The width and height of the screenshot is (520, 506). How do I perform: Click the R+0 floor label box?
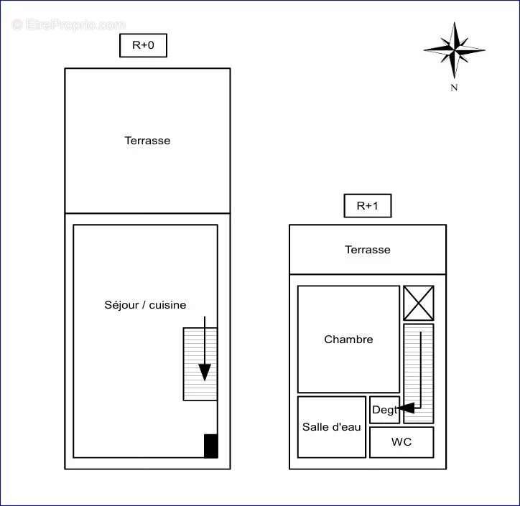point(143,45)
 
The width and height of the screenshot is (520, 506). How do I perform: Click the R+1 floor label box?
point(368,206)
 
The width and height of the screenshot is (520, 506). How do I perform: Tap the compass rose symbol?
point(455,50)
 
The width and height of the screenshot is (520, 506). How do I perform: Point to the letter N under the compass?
point(454,88)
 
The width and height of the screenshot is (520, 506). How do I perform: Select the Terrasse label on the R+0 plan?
point(147,141)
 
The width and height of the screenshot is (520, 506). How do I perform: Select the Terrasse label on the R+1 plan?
point(368,250)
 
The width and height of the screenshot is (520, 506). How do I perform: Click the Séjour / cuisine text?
point(145,305)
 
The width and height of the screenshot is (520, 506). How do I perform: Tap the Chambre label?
point(348,339)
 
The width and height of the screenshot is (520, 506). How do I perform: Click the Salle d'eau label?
point(332,427)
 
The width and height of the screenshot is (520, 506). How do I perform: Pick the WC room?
point(401,442)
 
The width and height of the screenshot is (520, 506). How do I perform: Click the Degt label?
point(384,410)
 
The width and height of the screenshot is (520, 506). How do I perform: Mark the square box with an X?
point(419,303)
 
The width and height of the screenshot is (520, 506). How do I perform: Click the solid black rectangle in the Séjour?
point(211,446)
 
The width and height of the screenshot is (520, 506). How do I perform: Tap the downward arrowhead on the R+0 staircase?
point(205,372)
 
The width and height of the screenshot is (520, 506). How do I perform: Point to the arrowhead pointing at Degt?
point(406,408)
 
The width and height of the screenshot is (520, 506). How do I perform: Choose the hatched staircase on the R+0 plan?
point(200,364)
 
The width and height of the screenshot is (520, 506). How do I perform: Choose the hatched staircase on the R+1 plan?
point(419,373)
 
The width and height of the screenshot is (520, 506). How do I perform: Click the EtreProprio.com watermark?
point(69,24)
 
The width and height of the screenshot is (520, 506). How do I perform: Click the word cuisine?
point(168,305)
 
